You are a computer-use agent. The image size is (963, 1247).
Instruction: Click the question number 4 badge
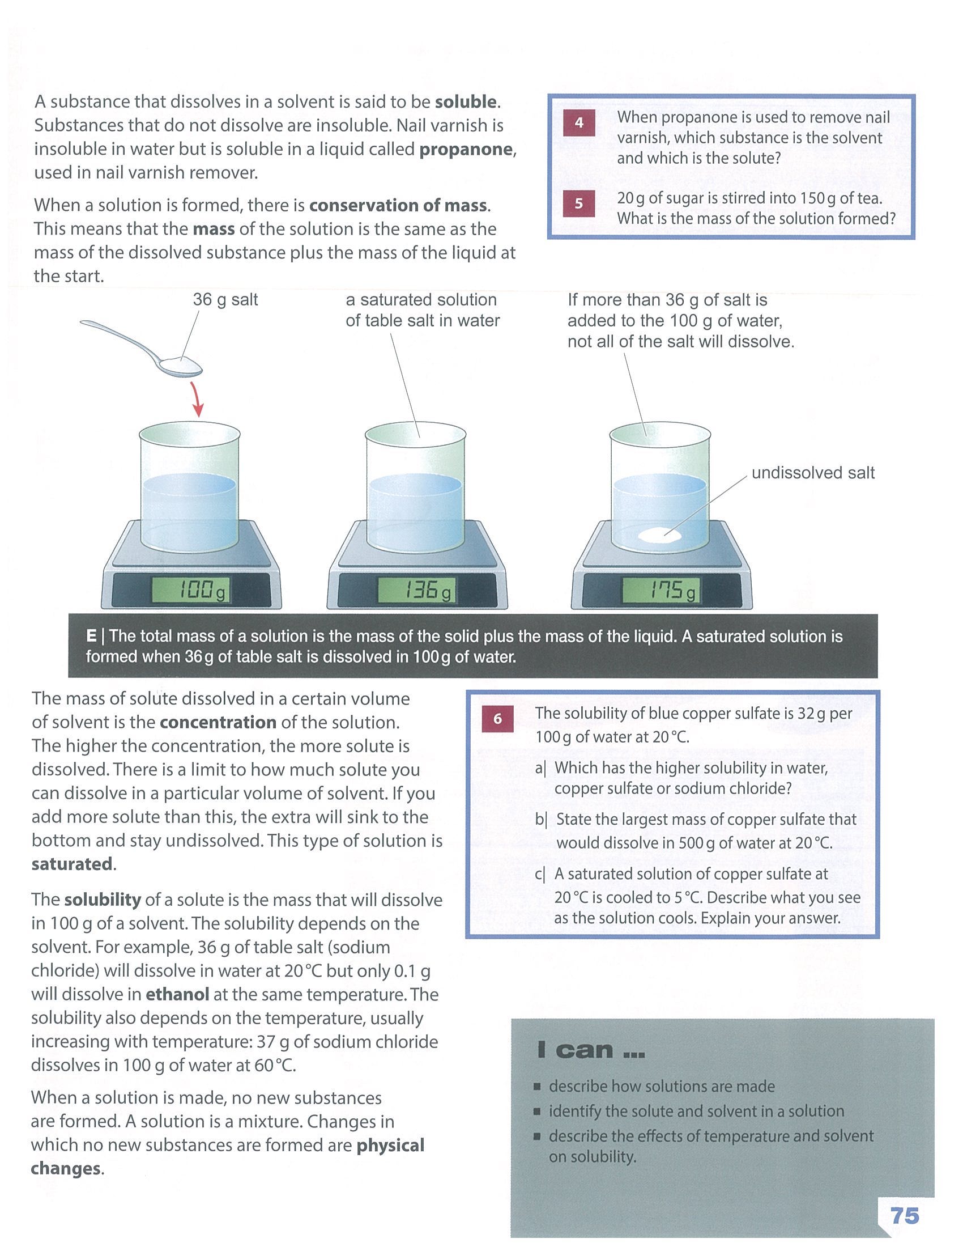(578, 123)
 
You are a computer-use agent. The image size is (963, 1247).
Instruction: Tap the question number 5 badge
(578, 204)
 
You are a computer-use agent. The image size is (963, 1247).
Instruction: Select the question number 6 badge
(497, 719)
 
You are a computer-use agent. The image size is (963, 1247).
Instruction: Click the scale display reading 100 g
(191, 591)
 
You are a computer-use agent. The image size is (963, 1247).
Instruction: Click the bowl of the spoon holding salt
(180, 366)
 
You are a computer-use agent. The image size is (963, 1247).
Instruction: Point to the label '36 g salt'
(225, 300)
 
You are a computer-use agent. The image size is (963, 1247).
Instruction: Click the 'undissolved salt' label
(812, 473)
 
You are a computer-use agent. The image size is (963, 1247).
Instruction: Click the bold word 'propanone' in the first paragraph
(467, 150)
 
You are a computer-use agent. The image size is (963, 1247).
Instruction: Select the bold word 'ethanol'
(177, 995)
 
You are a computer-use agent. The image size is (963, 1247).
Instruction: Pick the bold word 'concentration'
(218, 722)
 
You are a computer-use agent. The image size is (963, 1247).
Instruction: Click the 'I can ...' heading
(590, 1050)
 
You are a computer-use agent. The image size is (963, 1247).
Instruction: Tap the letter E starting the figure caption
(91, 636)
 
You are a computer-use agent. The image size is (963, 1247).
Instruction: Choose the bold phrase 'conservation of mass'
(398, 206)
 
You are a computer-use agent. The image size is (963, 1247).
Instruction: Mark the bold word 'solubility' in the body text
(103, 900)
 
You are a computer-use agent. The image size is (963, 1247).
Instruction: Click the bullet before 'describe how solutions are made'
(536, 1087)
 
